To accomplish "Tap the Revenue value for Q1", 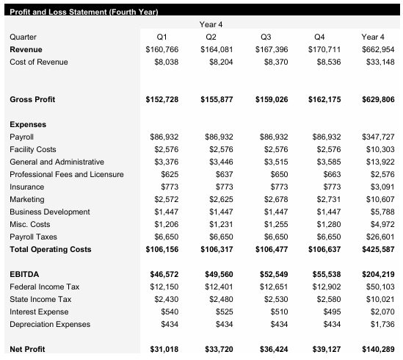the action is (x=162, y=49).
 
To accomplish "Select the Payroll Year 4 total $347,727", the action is (x=378, y=137).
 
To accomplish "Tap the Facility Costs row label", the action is (x=32, y=150).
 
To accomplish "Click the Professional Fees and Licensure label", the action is (x=66, y=175).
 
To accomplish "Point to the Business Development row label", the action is (x=49, y=212).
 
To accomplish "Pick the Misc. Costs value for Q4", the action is (x=327, y=225).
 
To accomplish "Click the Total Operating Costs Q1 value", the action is (x=162, y=250).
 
